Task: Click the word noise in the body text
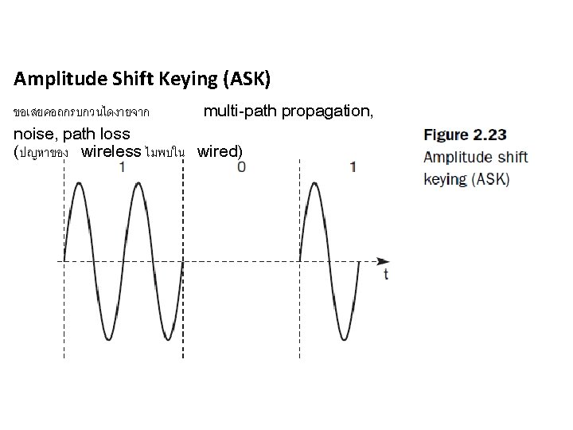[34, 133]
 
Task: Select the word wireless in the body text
[111, 151]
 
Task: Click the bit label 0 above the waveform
[241, 167]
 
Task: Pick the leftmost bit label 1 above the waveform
[122, 167]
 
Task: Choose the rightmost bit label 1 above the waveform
[353, 167]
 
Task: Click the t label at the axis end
[386, 274]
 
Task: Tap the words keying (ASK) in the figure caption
[466, 178]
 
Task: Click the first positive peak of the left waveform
[79, 184]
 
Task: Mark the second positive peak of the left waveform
[138, 184]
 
